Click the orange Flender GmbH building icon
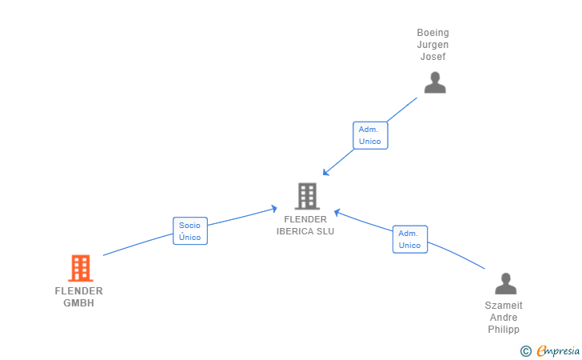pyautogui.click(x=80, y=268)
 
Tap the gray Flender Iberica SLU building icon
pyautogui.click(x=306, y=196)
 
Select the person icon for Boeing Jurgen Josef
pyautogui.click(x=434, y=82)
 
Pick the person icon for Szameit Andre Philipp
pyautogui.click(x=505, y=284)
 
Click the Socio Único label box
pyautogui.click(x=190, y=231)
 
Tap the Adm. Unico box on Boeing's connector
pyautogui.click(x=370, y=135)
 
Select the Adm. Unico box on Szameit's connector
pyautogui.click(x=409, y=239)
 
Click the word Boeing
pyautogui.click(x=433, y=33)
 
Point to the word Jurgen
pyautogui.click(x=433, y=45)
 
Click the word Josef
pyautogui.click(x=433, y=57)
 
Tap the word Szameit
pyautogui.click(x=504, y=306)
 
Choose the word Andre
pyautogui.click(x=504, y=318)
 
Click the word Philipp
pyautogui.click(x=504, y=330)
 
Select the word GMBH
pyautogui.click(x=79, y=303)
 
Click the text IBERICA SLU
pyautogui.click(x=305, y=231)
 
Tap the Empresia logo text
pyautogui.click(x=559, y=350)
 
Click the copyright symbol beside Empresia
pyautogui.click(x=526, y=350)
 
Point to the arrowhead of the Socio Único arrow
pyautogui.click(x=274, y=208)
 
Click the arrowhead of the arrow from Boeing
pyautogui.click(x=325, y=174)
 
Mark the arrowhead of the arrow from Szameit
pyautogui.click(x=337, y=212)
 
